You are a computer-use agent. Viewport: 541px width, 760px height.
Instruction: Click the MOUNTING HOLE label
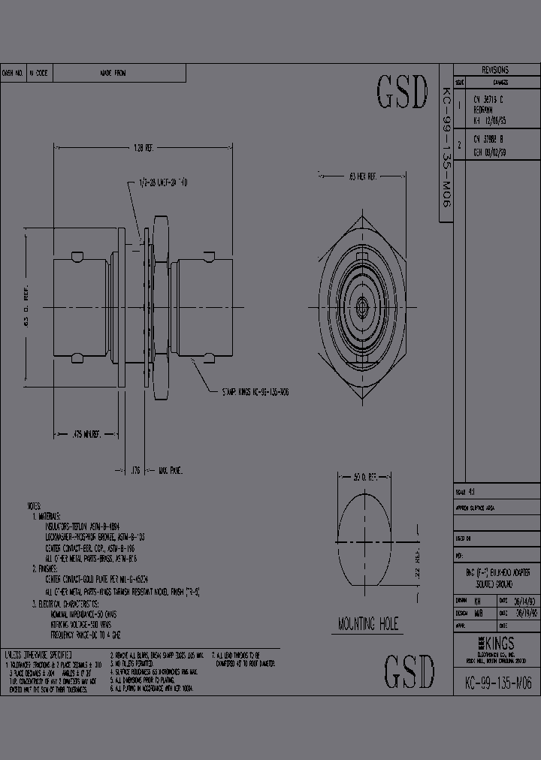(x=368, y=623)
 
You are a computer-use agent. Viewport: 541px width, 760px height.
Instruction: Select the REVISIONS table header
(x=494, y=69)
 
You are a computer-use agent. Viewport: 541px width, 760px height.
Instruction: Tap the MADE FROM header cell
(x=113, y=73)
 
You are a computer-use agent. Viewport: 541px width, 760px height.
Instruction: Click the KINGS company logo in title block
(x=497, y=644)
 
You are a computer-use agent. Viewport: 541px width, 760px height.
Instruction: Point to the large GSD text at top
(x=401, y=93)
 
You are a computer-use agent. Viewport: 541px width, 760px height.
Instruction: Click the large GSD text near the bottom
(x=410, y=671)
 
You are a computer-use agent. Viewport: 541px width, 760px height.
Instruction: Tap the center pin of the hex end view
(x=362, y=305)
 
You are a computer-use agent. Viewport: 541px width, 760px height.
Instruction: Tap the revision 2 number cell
(x=459, y=145)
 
